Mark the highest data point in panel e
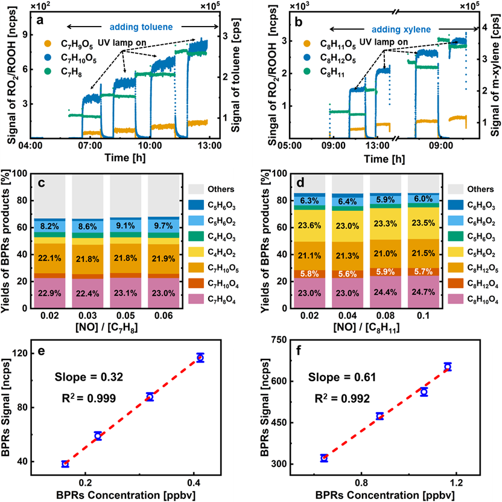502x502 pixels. click(200, 358)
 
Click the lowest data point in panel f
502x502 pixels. click(324, 458)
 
